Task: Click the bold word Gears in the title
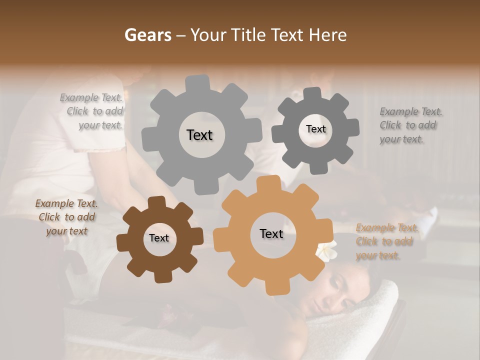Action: [x=147, y=35]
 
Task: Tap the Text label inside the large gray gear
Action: [x=199, y=135]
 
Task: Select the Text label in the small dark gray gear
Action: [x=315, y=129]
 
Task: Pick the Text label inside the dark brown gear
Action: [x=159, y=238]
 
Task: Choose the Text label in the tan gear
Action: [x=271, y=233]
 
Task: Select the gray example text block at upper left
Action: [x=92, y=111]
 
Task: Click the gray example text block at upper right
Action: [x=410, y=125]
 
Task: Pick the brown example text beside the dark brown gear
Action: [x=66, y=217]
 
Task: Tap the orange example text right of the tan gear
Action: [x=386, y=242]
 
